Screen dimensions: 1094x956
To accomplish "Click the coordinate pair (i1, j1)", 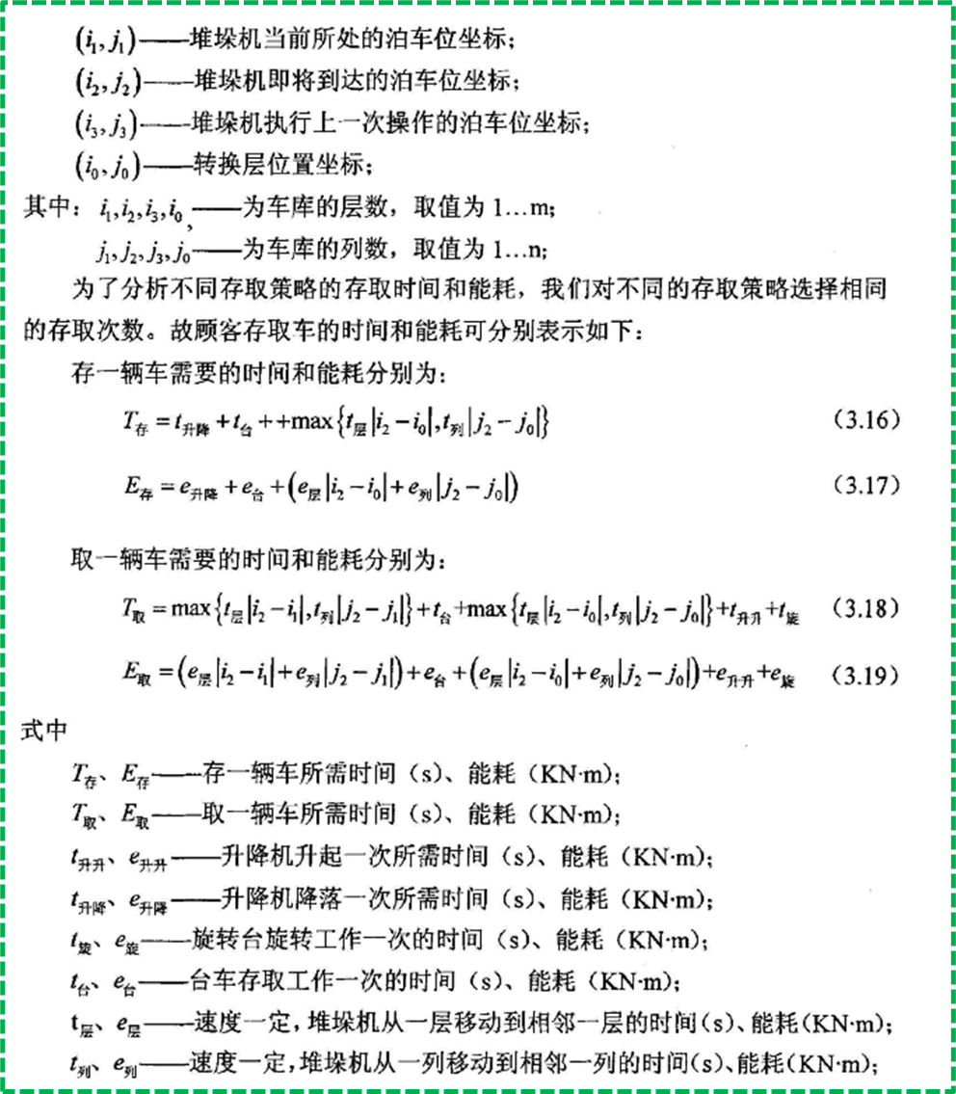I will pyautogui.click(x=106, y=41).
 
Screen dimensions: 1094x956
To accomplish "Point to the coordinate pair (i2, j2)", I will pyautogui.click(x=106, y=82).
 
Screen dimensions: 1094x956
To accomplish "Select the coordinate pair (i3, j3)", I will pyautogui.click(x=106, y=123).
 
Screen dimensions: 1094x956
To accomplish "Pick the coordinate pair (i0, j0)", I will pyautogui.click(x=106, y=165).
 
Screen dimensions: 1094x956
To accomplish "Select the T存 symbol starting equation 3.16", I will pyautogui.click(x=129, y=423).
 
